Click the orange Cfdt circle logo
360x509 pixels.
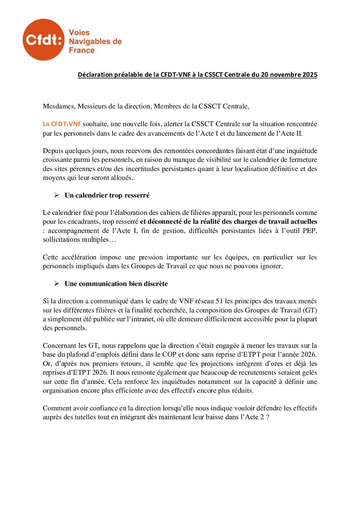(43, 40)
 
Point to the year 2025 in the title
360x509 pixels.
(310, 75)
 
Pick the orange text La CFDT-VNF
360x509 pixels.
(62, 124)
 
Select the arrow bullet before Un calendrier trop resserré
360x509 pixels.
(57, 195)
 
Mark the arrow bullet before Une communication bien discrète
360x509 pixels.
(57, 284)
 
